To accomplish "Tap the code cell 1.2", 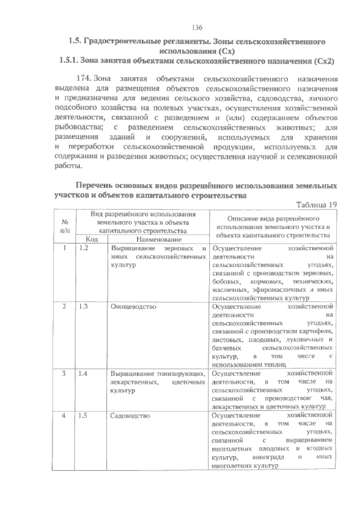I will [83, 248].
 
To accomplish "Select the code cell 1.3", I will [83, 307].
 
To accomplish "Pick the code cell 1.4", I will [83, 374].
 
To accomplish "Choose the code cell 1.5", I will [83, 416].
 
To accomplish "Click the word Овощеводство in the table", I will [133, 307].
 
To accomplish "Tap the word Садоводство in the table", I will [130, 416].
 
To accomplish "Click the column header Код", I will [92, 239].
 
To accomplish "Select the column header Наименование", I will [159, 239].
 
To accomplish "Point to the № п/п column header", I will [64, 227].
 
